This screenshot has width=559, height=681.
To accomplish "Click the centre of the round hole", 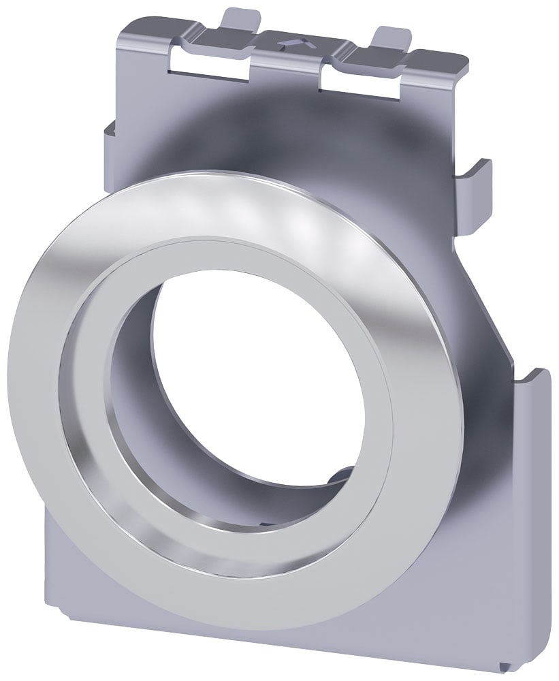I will click(255, 381).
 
